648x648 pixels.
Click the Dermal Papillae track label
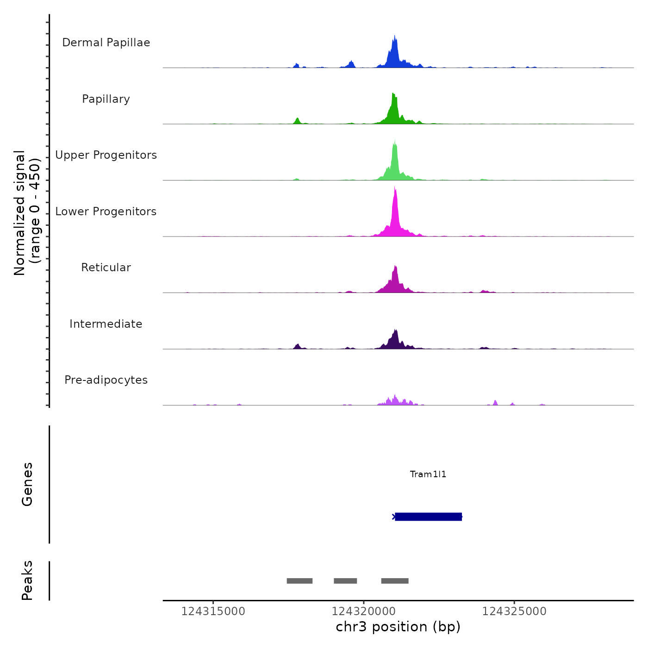[106, 43]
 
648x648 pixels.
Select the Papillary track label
[106, 99]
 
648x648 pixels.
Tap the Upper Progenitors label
[106, 155]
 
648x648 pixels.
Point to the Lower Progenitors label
[106, 212]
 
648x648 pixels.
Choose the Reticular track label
[106, 268]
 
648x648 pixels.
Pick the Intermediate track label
[106, 324]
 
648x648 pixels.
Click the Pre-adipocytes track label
[106, 380]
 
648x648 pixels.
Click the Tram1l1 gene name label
[428, 474]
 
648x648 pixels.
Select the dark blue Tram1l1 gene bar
[428, 517]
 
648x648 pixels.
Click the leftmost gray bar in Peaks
[299, 581]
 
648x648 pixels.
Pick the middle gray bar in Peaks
[345, 581]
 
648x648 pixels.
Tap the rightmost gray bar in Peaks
[395, 581]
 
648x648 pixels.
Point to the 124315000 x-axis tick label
[213, 611]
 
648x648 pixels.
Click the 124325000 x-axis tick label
[514, 611]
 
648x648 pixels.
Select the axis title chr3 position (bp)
[398, 627]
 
